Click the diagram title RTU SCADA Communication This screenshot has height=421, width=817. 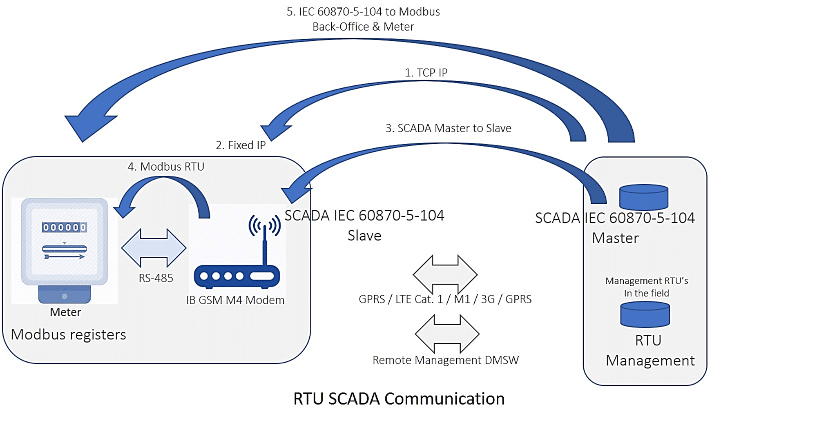point(399,399)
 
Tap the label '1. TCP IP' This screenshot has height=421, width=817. point(426,73)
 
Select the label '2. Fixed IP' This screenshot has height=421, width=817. point(241,145)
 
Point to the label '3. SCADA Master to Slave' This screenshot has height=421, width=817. point(448,128)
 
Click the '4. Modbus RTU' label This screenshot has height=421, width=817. point(166,167)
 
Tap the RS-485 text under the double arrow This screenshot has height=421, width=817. point(156,278)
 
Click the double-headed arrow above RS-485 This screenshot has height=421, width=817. point(154,248)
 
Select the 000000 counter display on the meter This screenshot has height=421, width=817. point(64,227)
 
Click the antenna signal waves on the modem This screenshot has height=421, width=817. point(265,225)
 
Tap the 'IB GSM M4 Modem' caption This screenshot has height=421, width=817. point(235,300)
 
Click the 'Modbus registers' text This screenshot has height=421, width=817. point(68,334)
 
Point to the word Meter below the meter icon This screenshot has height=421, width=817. point(65,312)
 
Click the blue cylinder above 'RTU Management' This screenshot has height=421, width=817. point(645,314)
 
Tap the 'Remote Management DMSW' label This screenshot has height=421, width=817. point(445,360)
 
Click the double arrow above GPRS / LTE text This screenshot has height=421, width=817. point(445,274)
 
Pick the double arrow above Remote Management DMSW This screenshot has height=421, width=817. point(447,334)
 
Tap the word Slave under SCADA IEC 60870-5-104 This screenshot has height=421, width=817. point(364,236)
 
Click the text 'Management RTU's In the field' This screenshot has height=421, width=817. point(646,287)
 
